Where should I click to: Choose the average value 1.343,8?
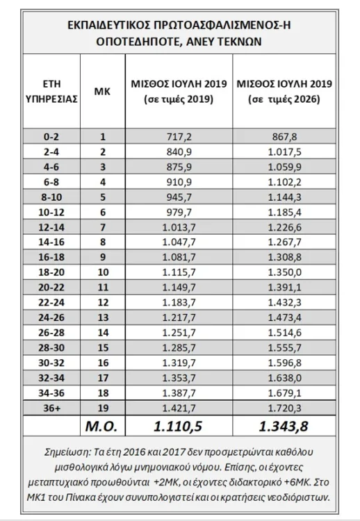tap(283, 424)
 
